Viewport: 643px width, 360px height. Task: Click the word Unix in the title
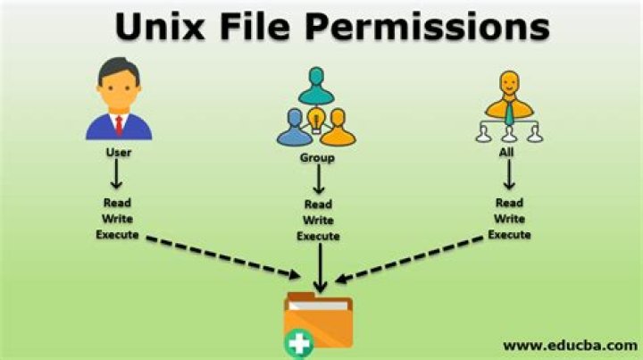[x=160, y=26]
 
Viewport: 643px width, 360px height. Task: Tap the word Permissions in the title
[x=427, y=26]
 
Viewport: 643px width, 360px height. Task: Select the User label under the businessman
[x=119, y=153]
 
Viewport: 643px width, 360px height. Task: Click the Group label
[x=317, y=158]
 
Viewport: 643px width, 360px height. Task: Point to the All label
[x=506, y=153]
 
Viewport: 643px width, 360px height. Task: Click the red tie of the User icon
[x=120, y=125]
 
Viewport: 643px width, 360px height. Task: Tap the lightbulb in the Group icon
[x=316, y=120]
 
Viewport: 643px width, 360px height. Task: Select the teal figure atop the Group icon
[x=316, y=86]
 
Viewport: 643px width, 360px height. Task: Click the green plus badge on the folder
[x=299, y=344]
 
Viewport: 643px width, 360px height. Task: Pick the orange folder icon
[x=318, y=320]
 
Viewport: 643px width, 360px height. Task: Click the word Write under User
[x=117, y=219]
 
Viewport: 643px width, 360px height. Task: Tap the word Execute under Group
[x=318, y=236]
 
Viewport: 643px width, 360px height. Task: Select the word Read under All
[x=509, y=203]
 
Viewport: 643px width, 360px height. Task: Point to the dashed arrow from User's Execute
[x=223, y=257]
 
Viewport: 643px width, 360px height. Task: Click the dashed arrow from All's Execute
[x=409, y=259]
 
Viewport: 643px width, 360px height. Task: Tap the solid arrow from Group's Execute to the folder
[x=320, y=268]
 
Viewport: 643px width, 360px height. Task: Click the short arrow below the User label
[x=116, y=174]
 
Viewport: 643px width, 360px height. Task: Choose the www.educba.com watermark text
[x=571, y=346]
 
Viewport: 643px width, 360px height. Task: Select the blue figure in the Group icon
[x=295, y=128]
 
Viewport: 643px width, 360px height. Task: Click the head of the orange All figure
[x=509, y=83]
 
